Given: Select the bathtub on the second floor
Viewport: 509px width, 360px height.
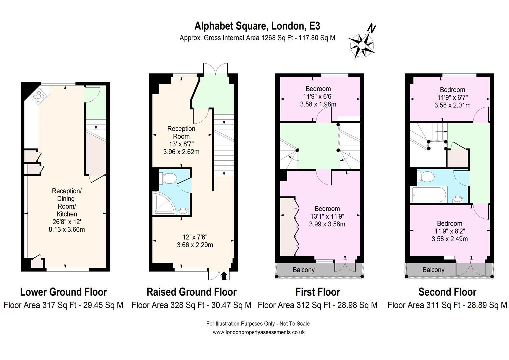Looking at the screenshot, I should pos(429,194).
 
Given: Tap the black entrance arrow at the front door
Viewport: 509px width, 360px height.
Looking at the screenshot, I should pos(224,276).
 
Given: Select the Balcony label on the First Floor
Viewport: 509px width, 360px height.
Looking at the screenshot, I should pos(303,270).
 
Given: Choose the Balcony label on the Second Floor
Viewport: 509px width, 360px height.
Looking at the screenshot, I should pos(433,270).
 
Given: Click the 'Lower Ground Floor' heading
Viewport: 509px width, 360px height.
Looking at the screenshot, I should pos(63,292).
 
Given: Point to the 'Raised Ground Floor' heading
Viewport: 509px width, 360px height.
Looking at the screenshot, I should pos(191,292).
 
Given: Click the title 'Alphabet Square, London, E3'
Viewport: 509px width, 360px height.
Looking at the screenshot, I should pos(257,26).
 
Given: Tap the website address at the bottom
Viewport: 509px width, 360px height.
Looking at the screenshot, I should pos(258,332).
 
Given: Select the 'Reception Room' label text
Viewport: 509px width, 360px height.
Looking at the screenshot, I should pos(181,132).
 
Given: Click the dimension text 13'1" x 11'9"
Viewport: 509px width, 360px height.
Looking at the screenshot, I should pos(327,216).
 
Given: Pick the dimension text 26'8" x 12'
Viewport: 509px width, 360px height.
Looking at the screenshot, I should pos(67,222).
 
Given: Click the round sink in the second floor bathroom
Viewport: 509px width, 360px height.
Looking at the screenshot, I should pos(458,199).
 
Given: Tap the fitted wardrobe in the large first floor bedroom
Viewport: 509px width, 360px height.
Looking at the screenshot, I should pos(287,227).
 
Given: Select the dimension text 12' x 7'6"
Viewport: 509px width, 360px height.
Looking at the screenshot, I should pos(195,237).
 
